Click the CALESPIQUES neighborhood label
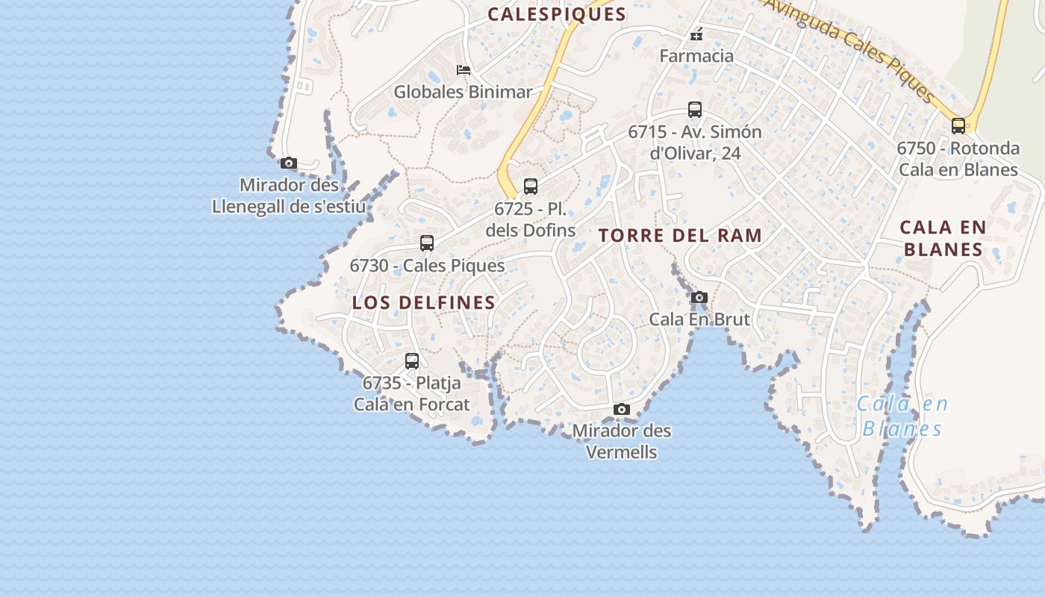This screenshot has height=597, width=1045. click(x=557, y=14)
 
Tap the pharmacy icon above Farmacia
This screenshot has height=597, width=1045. click(x=696, y=34)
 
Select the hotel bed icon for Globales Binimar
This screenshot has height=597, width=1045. click(x=464, y=70)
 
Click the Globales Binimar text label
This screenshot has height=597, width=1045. click(x=463, y=92)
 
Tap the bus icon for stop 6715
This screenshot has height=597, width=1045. click(x=695, y=110)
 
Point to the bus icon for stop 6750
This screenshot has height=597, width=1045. click(x=958, y=125)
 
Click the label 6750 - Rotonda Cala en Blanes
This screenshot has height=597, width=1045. click(x=958, y=159)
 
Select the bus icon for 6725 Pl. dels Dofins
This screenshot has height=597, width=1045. click(x=531, y=187)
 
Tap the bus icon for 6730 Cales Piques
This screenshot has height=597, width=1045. click(x=427, y=243)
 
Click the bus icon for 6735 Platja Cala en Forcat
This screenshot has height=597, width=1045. click(x=412, y=361)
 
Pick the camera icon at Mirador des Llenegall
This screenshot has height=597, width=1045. click(x=289, y=163)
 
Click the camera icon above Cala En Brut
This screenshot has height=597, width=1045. click(x=699, y=297)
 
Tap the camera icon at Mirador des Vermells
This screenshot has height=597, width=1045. click(x=622, y=409)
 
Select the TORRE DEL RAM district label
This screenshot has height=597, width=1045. click(x=680, y=236)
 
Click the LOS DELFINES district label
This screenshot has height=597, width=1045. click(x=423, y=302)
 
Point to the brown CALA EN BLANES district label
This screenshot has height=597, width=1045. click(x=943, y=238)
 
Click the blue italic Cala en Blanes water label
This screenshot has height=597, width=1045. click(x=902, y=416)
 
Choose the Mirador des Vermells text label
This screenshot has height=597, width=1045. click(x=622, y=441)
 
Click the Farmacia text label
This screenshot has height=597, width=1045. click(x=696, y=56)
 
